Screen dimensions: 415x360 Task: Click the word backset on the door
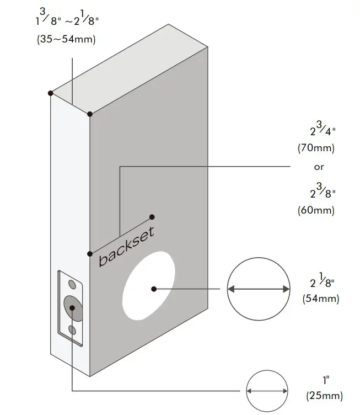pos(126,246)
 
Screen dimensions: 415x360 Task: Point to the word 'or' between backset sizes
pos(319,167)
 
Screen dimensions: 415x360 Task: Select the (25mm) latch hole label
pos(324,396)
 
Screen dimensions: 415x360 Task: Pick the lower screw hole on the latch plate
pos(72,329)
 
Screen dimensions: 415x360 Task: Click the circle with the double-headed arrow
pos(259,289)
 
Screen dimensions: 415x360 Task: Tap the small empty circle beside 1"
pos(268,390)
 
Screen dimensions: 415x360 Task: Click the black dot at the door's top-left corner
pos(50,93)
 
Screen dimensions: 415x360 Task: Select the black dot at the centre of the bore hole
pos(154,288)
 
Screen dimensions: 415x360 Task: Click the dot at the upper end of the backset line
pos(152,217)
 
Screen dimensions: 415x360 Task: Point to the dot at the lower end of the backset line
pos(89,253)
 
